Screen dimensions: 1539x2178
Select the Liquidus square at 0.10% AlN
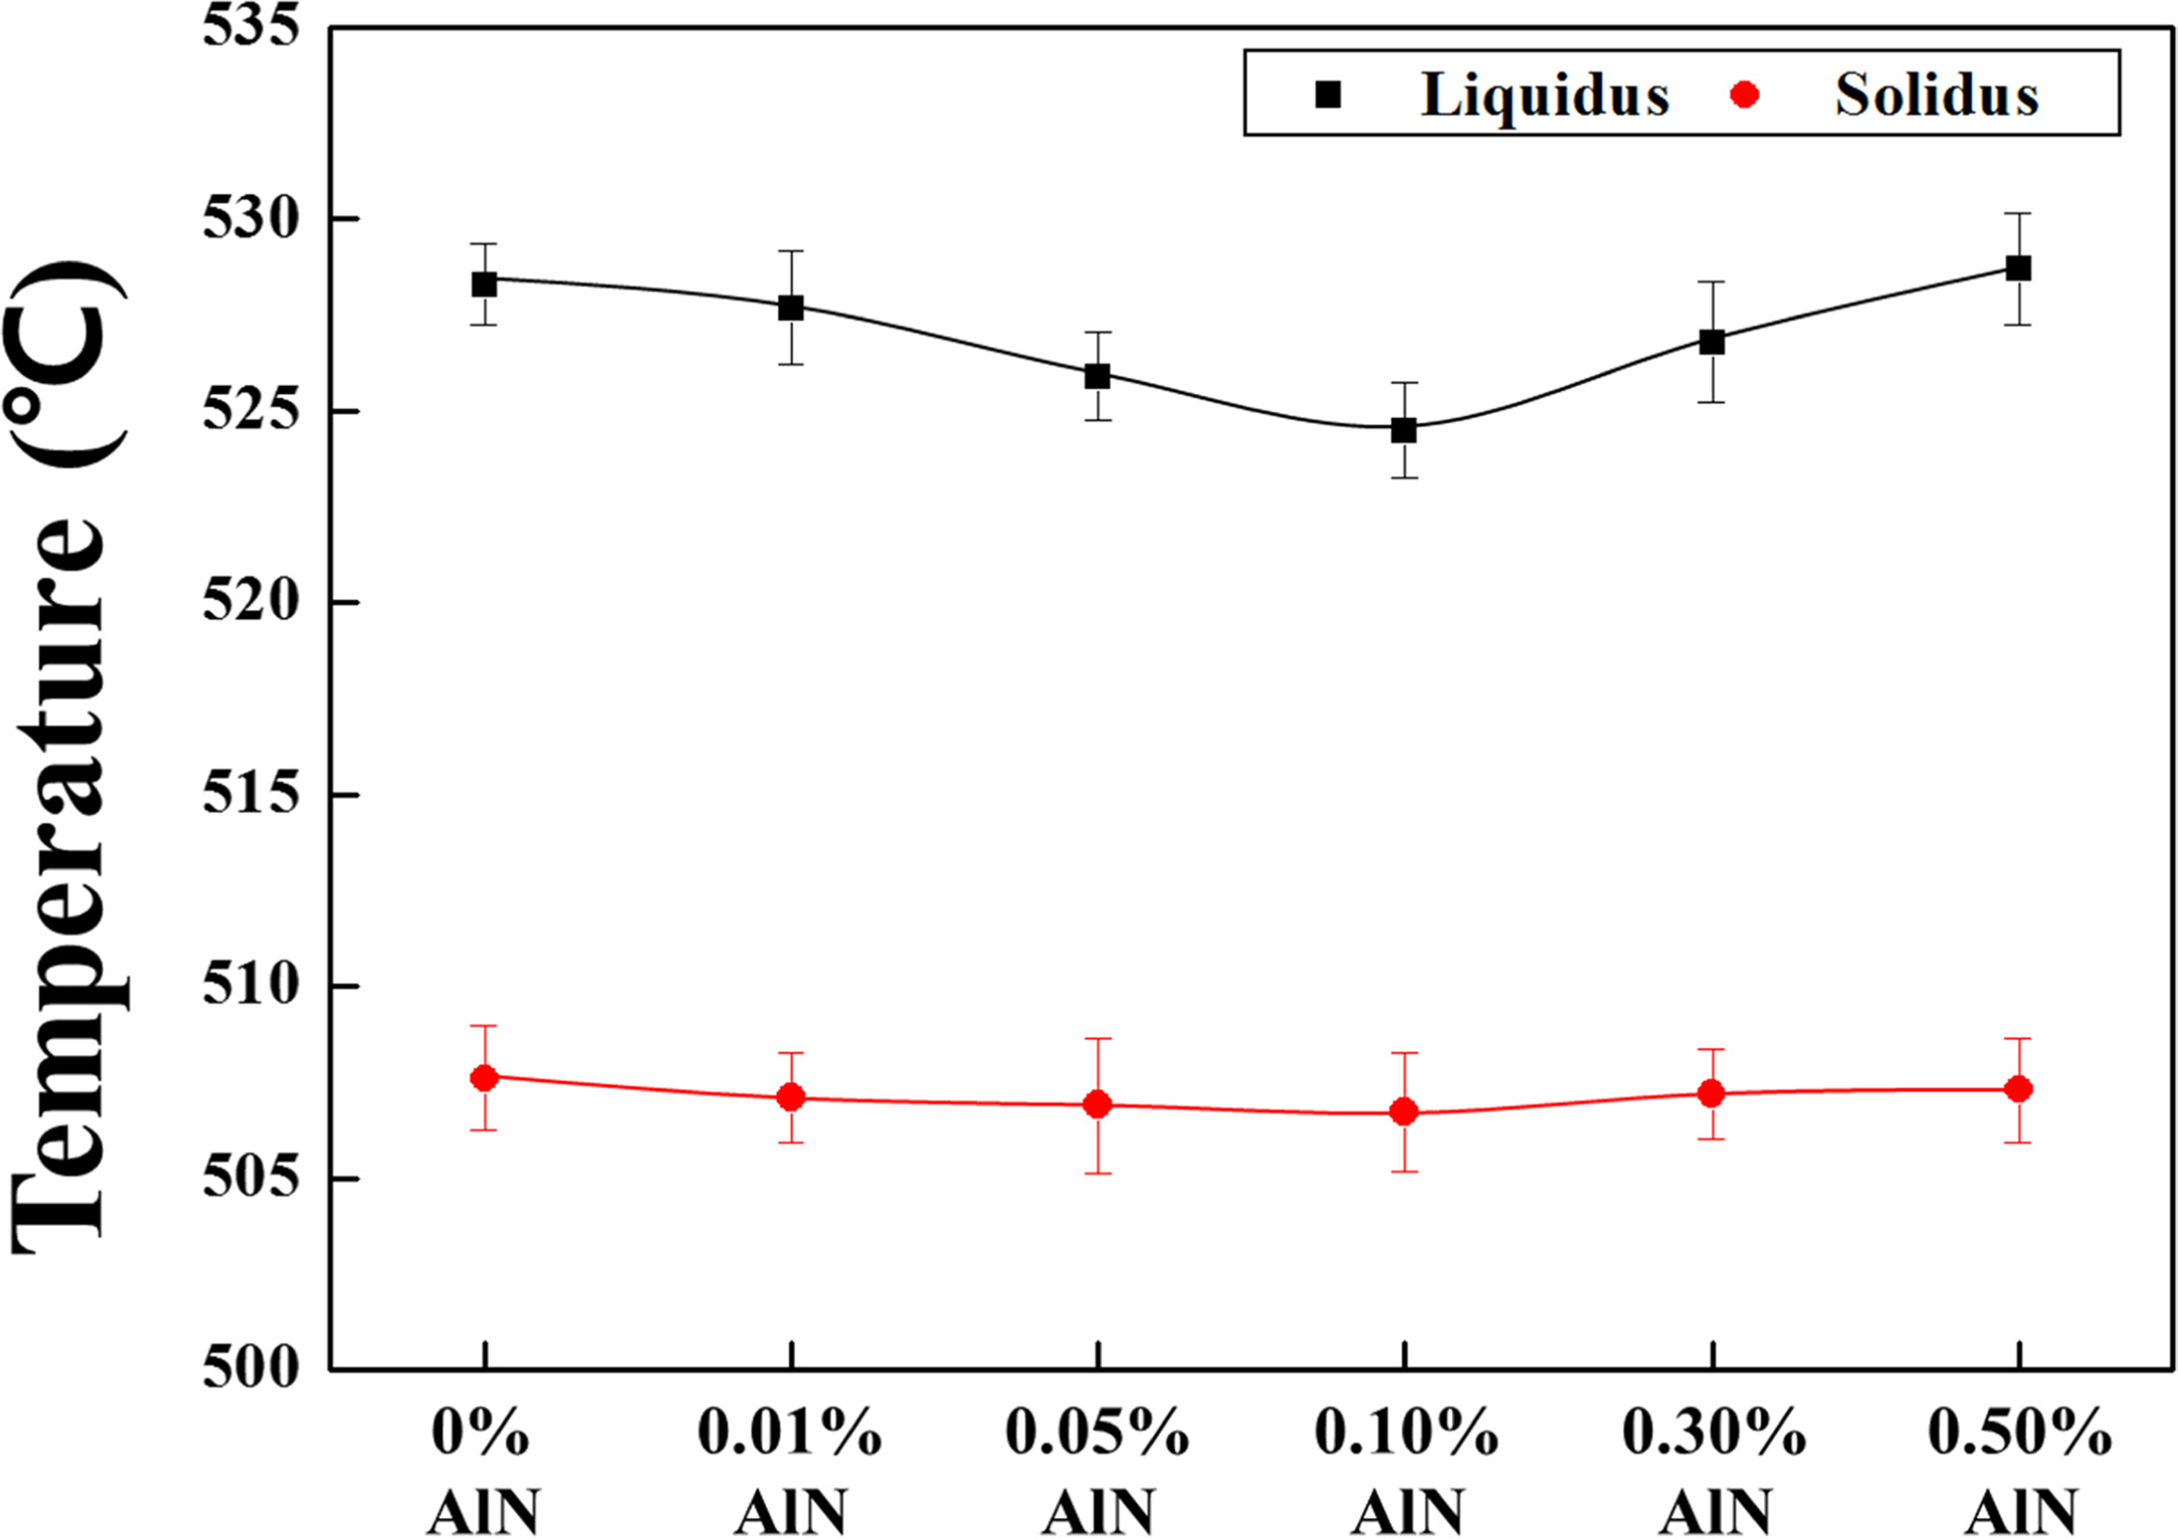1404,430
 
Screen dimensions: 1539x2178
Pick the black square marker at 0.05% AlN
1097,377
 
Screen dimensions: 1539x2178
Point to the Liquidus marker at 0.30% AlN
1711,342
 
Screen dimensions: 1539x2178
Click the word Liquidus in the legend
1544,95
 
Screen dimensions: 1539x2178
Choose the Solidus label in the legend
1936,95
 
